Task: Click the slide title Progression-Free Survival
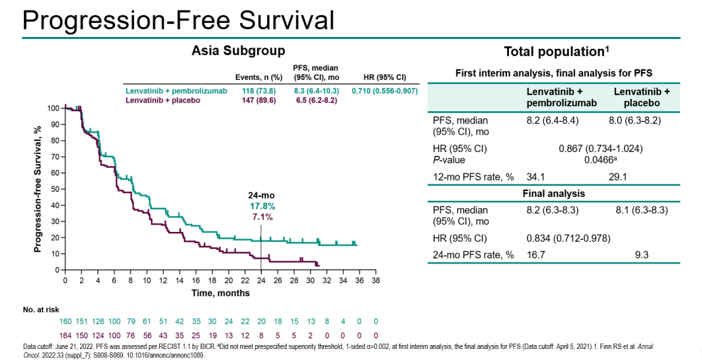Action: (x=178, y=20)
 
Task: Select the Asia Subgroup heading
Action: (x=238, y=51)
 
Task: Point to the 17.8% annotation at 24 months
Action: (x=261, y=206)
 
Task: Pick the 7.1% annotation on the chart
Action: (x=261, y=216)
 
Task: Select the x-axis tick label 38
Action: (x=375, y=280)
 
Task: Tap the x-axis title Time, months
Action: (x=220, y=293)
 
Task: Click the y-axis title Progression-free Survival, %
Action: (x=38, y=189)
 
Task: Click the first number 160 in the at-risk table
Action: (x=66, y=321)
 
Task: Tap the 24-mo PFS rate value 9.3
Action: (x=642, y=255)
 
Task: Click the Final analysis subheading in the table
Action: (x=554, y=194)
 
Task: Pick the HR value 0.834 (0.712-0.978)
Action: (x=568, y=238)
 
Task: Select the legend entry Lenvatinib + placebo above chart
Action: (x=162, y=100)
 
